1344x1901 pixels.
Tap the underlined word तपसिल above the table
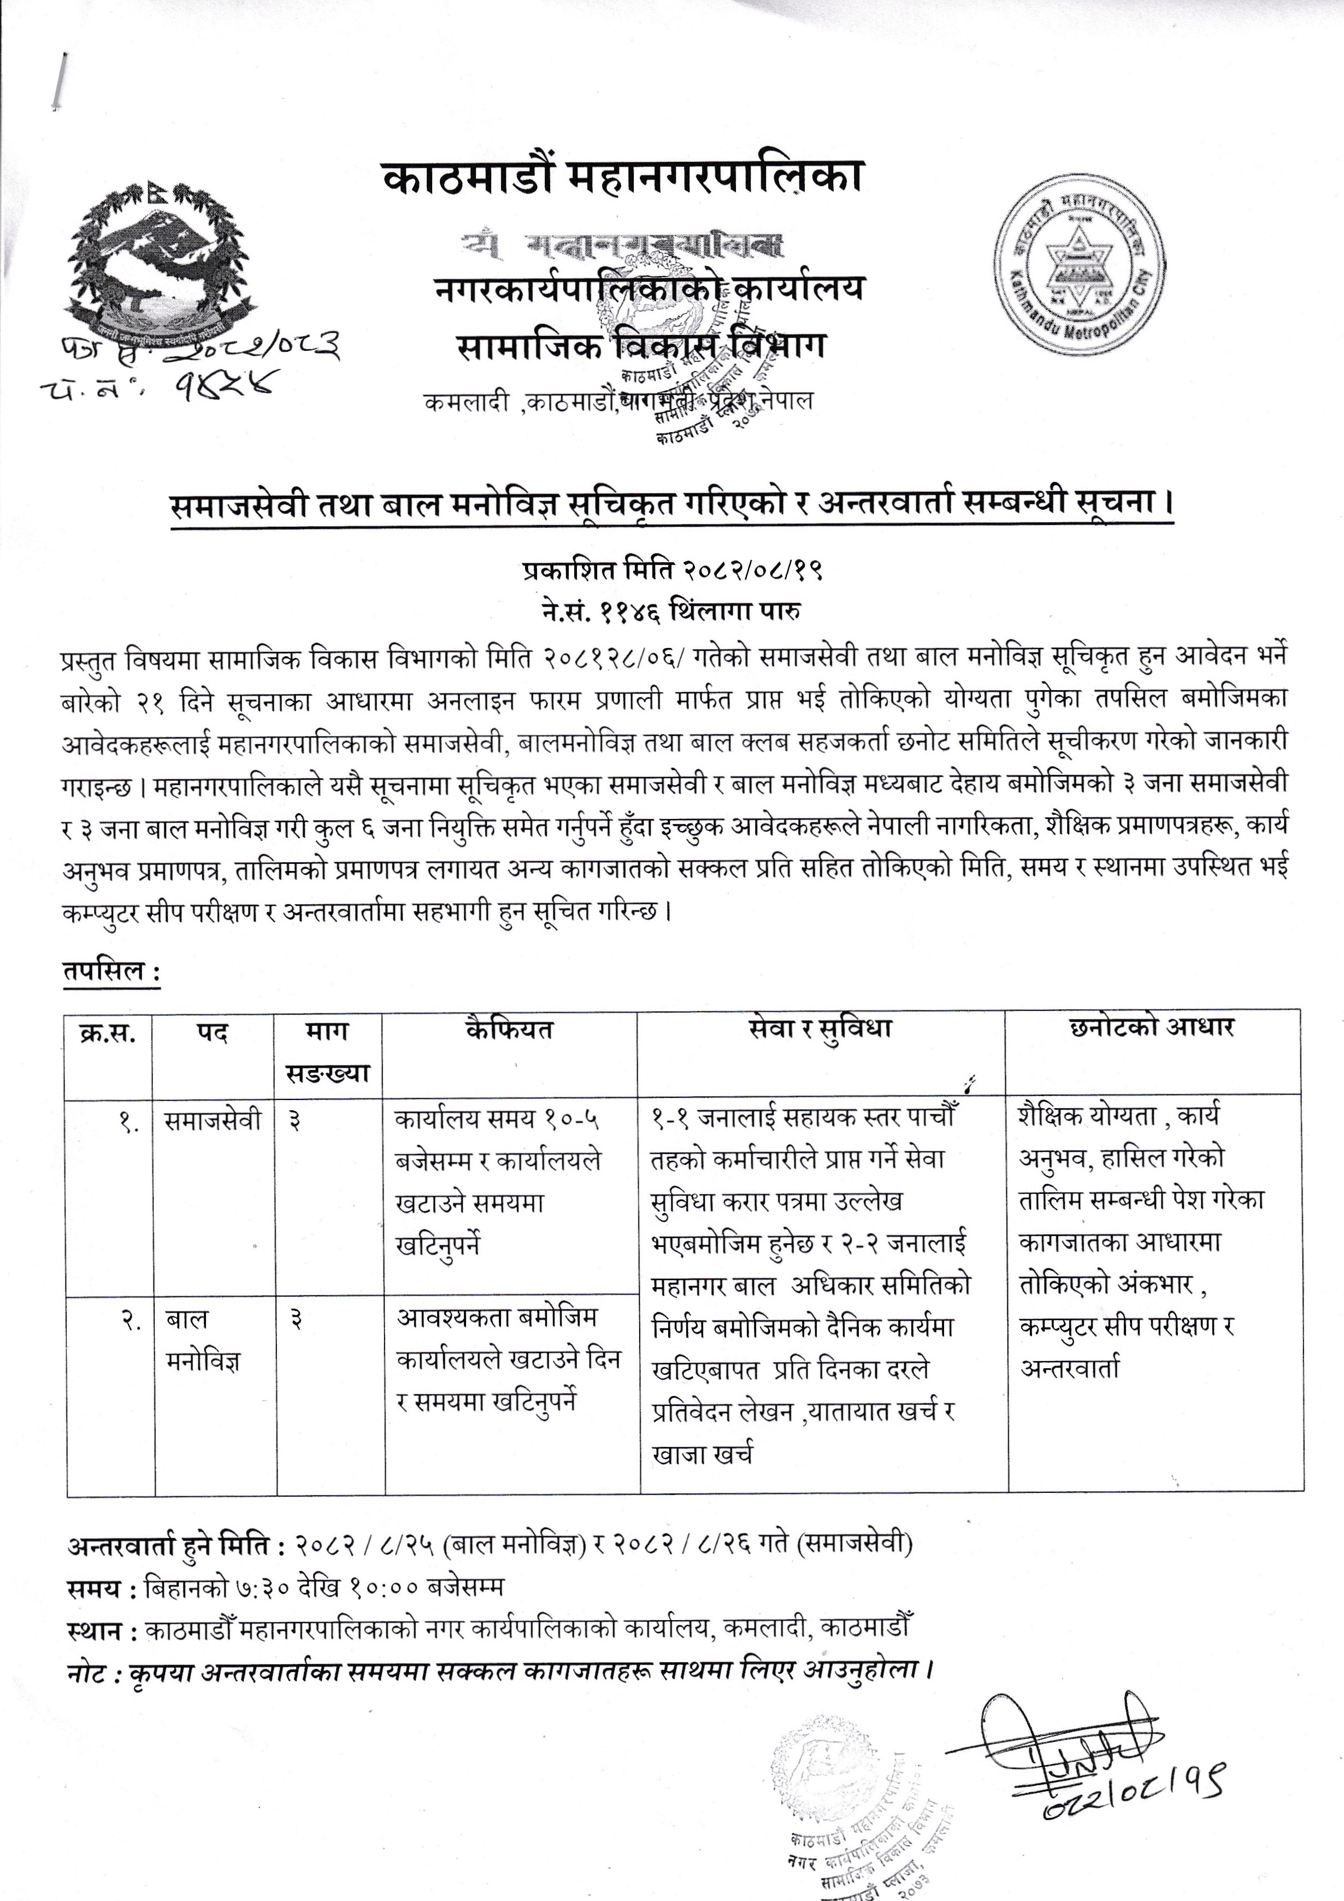pyautogui.click(x=110, y=970)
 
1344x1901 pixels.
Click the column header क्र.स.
pyautogui.click(x=109, y=1033)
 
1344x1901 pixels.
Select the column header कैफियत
pyautogui.click(x=509, y=1030)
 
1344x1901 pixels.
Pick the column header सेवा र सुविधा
pyautogui.click(x=820, y=1030)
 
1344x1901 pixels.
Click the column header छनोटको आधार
pyautogui.click(x=1152, y=1028)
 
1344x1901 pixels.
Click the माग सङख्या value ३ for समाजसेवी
pyautogui.click(x=294, y=1122)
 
